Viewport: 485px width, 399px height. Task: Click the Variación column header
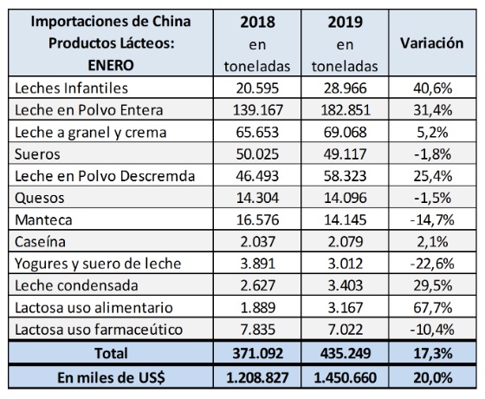[432, 43]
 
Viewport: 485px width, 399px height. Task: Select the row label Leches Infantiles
[71, 88]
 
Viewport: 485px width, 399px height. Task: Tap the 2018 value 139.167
[258, 110]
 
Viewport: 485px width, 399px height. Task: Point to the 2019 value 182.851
[346, 110]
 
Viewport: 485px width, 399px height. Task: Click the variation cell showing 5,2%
[432, 132]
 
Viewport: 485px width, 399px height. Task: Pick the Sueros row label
[37, 154]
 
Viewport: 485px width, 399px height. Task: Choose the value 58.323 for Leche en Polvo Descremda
[346, 176]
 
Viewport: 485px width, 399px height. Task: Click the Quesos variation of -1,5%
[432, 198]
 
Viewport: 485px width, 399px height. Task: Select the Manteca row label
[43, 220]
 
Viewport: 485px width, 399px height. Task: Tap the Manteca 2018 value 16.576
[258, 220]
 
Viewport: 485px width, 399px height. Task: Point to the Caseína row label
[40, 242]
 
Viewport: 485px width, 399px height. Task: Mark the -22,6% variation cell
[432, 264]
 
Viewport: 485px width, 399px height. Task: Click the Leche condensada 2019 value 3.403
[346, 285]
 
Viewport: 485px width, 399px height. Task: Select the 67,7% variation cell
[432, 308]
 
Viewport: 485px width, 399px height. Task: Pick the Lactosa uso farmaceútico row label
[99, 330]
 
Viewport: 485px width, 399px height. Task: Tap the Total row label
[111, 353]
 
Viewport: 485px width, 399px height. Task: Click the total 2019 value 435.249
[346, 353]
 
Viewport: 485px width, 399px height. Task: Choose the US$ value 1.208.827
[257, 377]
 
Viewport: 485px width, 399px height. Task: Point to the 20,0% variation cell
[432, 377]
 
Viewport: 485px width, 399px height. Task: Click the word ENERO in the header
[111, 65]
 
